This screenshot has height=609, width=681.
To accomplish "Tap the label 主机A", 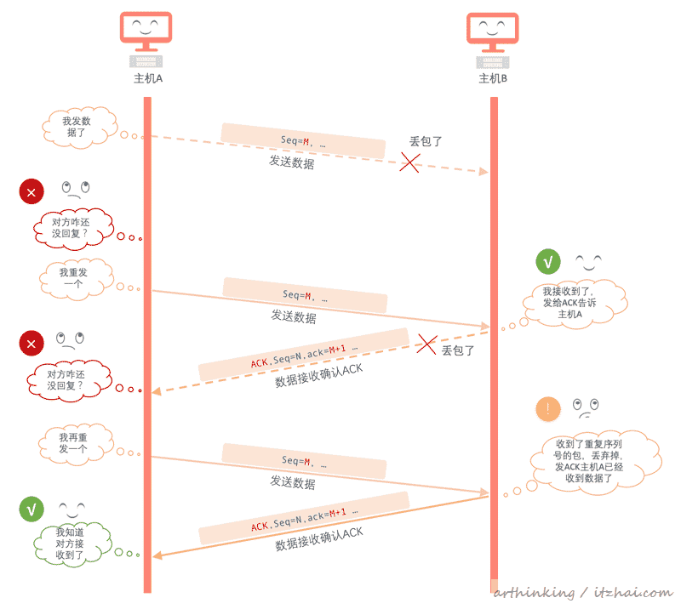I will (147, 78).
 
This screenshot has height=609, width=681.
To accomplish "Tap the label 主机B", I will (493, 78).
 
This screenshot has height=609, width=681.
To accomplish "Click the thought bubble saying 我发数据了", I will (77, 127).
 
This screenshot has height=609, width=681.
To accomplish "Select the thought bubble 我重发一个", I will (74, 278).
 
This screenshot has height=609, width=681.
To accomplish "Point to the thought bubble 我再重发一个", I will (74, 442).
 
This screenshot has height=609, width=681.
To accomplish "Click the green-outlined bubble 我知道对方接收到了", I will (72, 544).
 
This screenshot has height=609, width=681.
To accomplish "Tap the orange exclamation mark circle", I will (548, 409).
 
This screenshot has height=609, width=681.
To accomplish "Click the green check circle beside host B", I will (548, 261).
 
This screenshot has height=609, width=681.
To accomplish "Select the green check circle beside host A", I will (31, 509).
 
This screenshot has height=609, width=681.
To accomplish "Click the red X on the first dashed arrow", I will (410, 162).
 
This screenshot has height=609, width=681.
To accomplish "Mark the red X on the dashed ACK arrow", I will (426, 344).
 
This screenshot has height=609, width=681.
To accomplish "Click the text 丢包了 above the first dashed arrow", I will (426, 141).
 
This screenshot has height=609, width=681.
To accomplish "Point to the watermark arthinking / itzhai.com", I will (582, 592).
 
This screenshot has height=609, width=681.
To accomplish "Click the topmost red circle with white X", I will (31, 192).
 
